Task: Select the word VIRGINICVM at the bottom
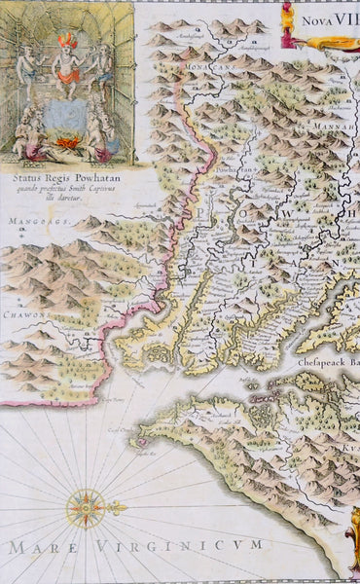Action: [x=194, y=548]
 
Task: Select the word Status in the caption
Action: [x=33, y=176]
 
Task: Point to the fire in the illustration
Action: [x=67, y=141]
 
